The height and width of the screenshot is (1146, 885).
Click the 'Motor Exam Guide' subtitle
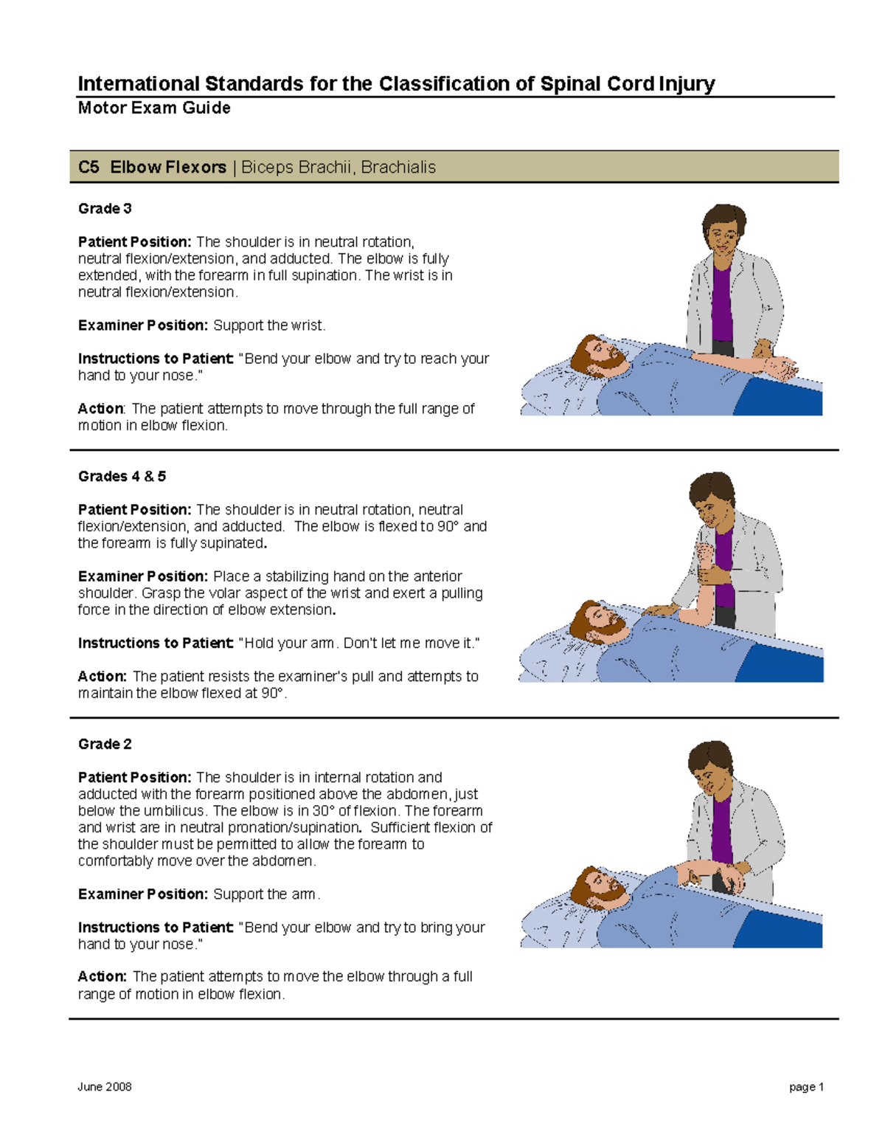[x=154, y=108]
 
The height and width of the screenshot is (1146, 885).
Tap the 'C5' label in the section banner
[x=88, y=168]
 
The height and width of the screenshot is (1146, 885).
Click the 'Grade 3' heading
[x=105, y=209]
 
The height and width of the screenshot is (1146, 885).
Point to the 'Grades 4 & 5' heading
[x=122, y=477]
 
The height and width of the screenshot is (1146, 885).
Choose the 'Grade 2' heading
[x=105, y=745]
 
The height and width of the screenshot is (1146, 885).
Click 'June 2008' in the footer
[x=104, y=1087]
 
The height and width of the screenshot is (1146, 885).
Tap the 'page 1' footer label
[x=806, y=1087]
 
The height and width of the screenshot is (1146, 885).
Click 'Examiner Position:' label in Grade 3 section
[x=143, y=325]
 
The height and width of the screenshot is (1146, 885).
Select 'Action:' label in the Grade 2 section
[x=103, y=977]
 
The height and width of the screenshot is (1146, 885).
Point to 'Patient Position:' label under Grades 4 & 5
[x=135, y=510]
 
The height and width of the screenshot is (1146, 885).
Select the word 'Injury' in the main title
[x=687, y=84]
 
